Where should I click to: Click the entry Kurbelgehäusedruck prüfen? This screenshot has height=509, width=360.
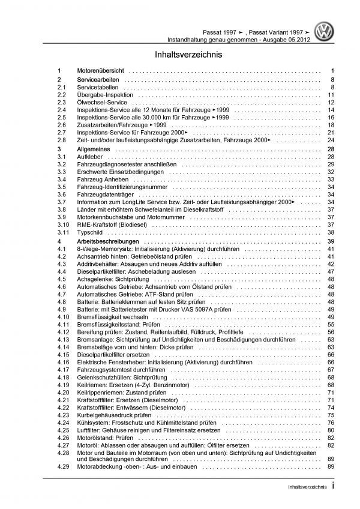pos(116,414)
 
